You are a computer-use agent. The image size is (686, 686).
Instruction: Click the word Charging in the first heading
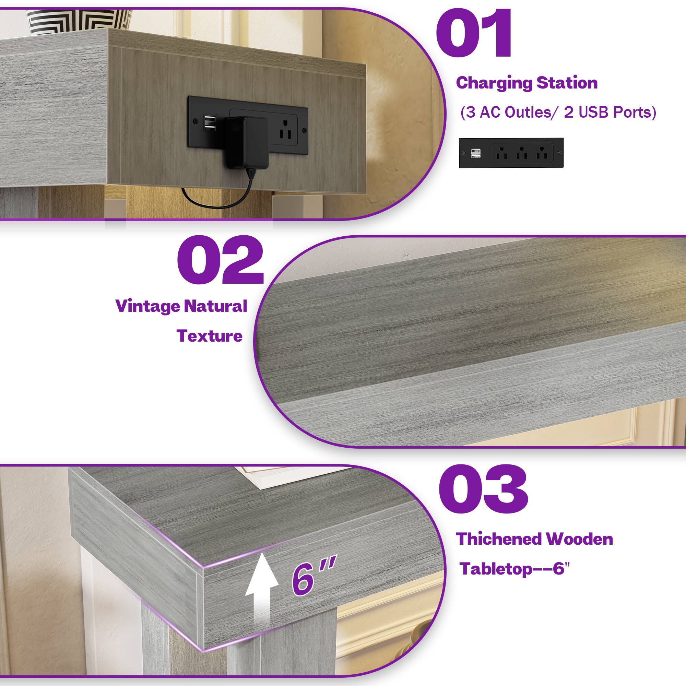point(494,83)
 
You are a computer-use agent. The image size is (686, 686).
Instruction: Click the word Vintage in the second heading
point(147,306)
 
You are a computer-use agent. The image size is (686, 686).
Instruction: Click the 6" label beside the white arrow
point(312,578)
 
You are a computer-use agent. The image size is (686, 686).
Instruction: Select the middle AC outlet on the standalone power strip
point(522,153)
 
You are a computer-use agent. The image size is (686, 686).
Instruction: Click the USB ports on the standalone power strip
point(475,153)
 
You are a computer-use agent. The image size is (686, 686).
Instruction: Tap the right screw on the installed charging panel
point(304,131)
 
